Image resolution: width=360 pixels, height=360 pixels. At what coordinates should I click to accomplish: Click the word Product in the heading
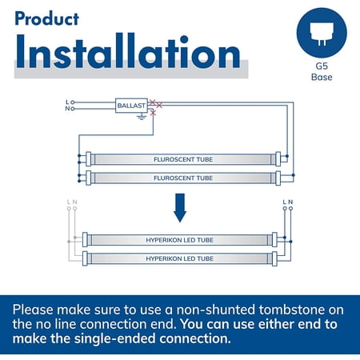46,18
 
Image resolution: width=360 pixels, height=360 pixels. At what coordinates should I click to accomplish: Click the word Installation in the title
128,51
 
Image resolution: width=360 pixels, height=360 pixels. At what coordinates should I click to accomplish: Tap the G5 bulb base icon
322,33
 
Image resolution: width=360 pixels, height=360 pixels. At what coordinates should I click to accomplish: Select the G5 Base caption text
322,72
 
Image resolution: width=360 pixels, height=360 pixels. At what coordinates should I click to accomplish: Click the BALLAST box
131,106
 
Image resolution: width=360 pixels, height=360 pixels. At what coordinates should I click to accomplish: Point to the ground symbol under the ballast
142,117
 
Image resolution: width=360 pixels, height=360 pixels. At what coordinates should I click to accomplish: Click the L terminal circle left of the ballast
73,102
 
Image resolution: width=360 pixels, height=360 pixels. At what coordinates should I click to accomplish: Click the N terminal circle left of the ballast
73,109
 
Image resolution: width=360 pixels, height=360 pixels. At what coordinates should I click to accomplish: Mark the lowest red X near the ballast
153,113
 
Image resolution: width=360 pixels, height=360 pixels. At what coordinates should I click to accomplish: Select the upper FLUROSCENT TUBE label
183,159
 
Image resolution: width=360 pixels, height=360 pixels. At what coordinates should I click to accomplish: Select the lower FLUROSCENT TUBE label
183,178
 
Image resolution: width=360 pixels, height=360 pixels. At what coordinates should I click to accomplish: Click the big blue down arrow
180,208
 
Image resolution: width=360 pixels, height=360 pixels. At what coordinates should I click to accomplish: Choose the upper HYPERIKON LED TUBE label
179,240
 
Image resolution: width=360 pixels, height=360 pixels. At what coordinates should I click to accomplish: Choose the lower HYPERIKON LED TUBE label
179,258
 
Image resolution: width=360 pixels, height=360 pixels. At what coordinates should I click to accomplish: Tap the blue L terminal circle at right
285,208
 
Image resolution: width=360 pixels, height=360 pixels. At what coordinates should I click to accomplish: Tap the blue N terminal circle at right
290,208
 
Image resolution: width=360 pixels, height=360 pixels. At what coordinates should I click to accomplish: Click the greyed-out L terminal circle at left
69,208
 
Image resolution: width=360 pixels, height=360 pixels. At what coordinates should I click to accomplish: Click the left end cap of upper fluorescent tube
89,159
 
